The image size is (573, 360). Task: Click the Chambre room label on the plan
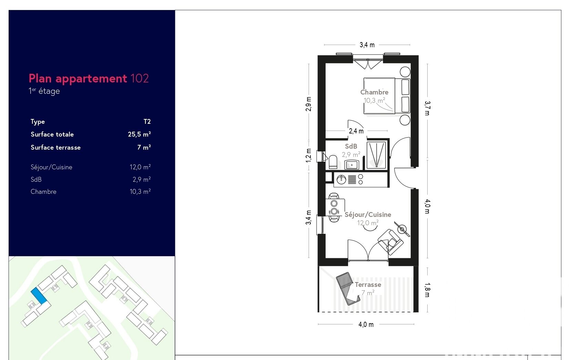click(374, 92)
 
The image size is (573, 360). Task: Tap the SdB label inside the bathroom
click(351, 147)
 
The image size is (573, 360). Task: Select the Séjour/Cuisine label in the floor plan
click(368, 214)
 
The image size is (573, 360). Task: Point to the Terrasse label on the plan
click(368, 285)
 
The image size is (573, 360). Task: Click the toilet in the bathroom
click(333, 162)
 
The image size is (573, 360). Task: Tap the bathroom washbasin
click(352, 164)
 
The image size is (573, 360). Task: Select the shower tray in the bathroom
click(376, 155)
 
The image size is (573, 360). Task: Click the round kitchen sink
click(341, 180)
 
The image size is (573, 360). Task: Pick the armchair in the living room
click(390, 242)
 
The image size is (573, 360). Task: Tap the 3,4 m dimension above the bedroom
click(367, 45)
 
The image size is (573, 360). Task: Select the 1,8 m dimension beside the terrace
click(427, 290)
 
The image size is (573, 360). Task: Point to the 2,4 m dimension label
click(356, 131)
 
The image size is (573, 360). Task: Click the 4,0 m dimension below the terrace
click(366, 324)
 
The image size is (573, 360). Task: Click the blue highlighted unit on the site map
click(39, 296)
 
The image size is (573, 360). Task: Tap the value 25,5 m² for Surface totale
click(139, 134)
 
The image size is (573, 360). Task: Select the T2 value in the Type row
click(147, 121)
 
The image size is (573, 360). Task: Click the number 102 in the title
click(140, 78)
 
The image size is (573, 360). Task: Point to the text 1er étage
click(44, 91)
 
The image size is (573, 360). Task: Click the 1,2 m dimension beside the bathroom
click(309, 155)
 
